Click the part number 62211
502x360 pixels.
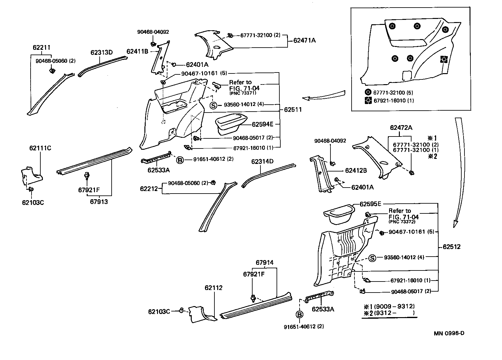41,48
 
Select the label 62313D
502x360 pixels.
102,52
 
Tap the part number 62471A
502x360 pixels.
304,40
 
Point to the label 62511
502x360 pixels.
293,110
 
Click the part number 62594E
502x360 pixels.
262,124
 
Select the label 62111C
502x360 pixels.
40,148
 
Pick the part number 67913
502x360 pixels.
99,202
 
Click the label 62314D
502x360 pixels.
262,161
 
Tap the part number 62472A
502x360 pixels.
401,128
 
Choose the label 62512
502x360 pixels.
452,247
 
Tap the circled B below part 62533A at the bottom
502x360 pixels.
299,314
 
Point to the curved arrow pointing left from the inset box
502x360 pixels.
325,96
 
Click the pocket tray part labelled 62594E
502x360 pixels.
231,125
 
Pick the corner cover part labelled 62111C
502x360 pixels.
32,175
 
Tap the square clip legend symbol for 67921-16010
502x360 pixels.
368,101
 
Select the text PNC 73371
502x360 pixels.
243,93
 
